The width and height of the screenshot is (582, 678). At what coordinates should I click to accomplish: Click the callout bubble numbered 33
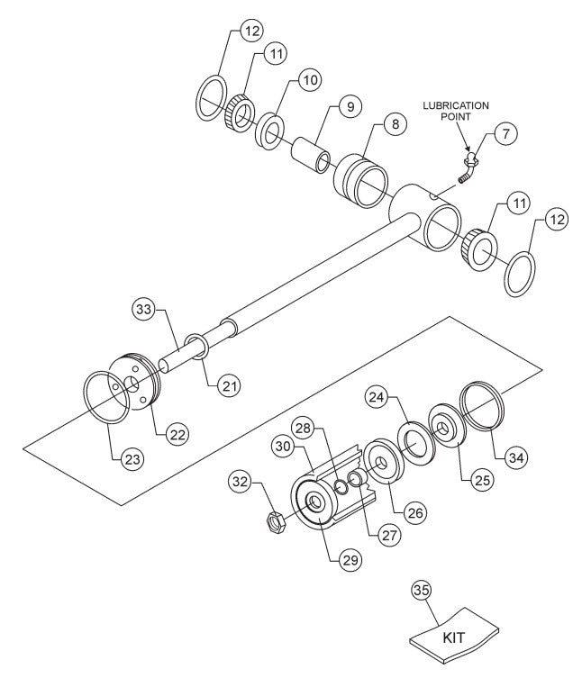pyautogui.click(x=143, y=308)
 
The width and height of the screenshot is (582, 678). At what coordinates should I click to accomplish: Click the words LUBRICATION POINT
pyautogui.click(x=457, y=112)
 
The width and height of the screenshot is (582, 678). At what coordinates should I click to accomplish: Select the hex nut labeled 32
pyautogui.click(x=276, y=520)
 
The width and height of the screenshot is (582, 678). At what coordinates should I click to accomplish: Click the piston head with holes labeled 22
pyautogui.click(x=137, y=384)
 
